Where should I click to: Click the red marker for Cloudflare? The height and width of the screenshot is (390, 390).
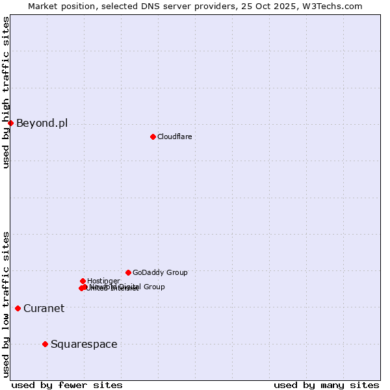click(x=153, y=136)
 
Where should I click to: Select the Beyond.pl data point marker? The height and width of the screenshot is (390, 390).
click(x=10, y=123)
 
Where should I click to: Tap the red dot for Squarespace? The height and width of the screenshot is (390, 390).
click(x=45, y=344)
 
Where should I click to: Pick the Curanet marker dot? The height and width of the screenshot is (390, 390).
click(x=18, y=308)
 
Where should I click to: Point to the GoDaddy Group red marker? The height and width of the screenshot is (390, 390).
click(x=128, y=272)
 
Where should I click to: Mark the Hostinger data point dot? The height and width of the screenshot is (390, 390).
click(x=83, y=281)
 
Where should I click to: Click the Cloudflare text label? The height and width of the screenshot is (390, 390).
click(x=174, y=136)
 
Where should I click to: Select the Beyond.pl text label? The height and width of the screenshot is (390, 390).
click(x=42, y=123)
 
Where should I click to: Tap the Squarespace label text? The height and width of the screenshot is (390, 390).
click(x=84, y=344)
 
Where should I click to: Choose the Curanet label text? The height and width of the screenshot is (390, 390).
click(x=44, y=308)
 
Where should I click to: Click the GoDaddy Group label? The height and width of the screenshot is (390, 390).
click(x=160, y=272)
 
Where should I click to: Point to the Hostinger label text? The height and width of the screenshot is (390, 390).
click(x=103, y=281)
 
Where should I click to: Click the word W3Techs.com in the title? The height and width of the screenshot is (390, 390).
click(x=335, y=6)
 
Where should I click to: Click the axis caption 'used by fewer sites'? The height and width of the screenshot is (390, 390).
click(x=67, y=385)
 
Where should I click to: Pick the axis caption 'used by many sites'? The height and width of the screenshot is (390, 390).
click(x=326, y=385)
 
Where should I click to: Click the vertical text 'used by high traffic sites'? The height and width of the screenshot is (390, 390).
click(x=6, y=92)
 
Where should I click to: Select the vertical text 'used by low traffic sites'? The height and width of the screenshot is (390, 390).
click(x=6, y=304)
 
